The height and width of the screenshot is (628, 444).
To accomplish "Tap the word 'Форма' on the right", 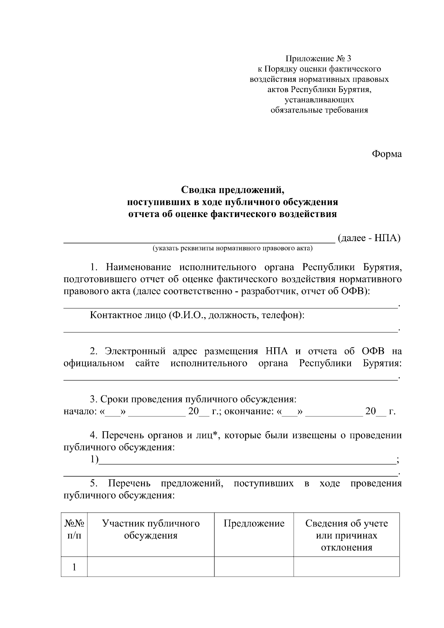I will [x=387, y=154].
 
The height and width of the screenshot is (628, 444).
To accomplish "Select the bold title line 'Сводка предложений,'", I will [x=232, y=190].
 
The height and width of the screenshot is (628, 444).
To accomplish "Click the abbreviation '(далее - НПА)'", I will [x=369, y=238].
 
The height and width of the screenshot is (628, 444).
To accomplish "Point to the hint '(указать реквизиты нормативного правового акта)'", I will [x=233, y=248].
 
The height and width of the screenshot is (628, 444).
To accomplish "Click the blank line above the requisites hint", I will [x=199, y=241].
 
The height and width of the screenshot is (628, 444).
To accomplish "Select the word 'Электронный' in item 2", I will [x=135, y=351].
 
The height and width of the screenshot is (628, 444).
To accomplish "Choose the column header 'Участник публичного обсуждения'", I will [x=151, y=529].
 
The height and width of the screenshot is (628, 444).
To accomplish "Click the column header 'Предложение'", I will [x=254, y=523].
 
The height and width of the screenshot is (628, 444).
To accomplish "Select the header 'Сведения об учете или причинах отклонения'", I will [x=346, y=535].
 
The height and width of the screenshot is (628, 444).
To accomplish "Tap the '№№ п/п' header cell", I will [x=74, y=529].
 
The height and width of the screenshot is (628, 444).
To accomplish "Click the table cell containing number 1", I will [x=74, y=567].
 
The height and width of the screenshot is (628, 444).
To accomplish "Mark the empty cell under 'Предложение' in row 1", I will [x=254, y=567].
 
